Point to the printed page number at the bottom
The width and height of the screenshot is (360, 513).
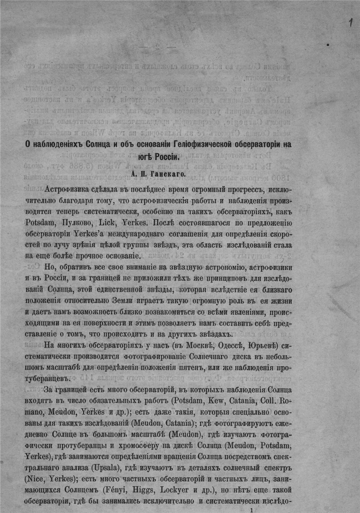(254, 509)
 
